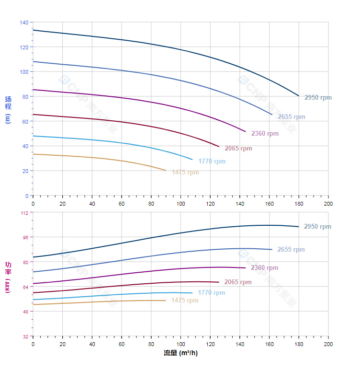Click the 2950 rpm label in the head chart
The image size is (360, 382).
[x=318, y=98]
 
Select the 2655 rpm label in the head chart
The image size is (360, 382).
[x=291, y=117]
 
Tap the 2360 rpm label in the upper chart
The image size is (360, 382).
[x=265, y=134]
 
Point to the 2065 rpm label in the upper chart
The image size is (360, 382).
[x=238, y=149]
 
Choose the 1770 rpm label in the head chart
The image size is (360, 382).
[x=212, y=162]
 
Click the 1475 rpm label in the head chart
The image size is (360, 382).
[x=185, y=173]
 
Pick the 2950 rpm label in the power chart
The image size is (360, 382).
[x=317, y=227]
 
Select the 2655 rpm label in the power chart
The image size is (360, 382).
[x=291, y=250]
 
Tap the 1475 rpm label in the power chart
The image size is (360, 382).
[x=185, y=301]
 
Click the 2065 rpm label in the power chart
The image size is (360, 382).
[x=238, y=282]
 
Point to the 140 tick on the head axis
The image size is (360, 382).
[x=24, y=23]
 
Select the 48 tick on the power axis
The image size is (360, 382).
[x=25, y=312]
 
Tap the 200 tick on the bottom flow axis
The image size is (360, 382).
[x=328, y=345]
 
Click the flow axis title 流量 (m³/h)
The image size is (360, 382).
[x=180, y=353]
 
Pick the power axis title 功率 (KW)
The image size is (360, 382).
[x=8, y=277]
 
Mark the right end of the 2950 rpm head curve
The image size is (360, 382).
[x=299, y=96]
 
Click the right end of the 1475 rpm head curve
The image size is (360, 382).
[x=166, y=171]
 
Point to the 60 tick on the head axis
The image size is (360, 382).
[x=25, y=121]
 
